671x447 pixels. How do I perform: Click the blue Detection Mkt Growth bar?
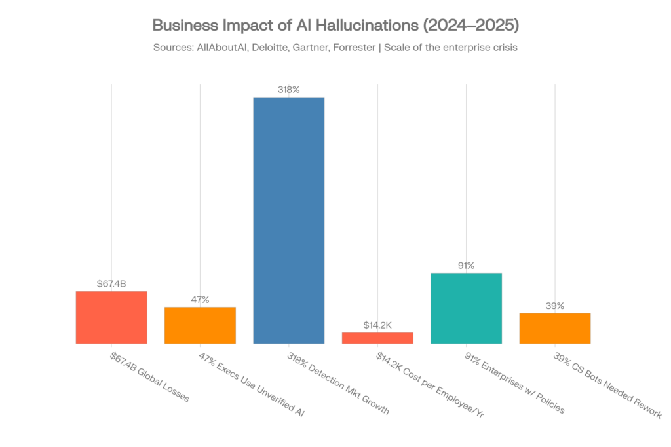coord(289,220)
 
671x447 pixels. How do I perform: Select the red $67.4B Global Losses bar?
coord(111,317)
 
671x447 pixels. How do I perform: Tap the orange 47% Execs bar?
coord(200,325)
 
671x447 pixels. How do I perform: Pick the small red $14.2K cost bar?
coord(377,338)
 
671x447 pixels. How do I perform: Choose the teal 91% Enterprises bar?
coord(466,308)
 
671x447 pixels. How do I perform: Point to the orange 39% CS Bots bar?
coord(555,329)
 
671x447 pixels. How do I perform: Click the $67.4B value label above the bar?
coord(111,284)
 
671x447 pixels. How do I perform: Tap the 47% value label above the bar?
coord(200,300)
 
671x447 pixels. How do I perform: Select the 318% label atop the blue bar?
coord(289,90)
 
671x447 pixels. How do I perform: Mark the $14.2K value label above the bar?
coord(377,325)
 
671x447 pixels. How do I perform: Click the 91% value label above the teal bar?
coord(466,266)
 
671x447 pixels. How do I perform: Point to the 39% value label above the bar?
coord(555,306)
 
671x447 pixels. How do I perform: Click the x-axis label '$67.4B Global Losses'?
coord(149,378)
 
